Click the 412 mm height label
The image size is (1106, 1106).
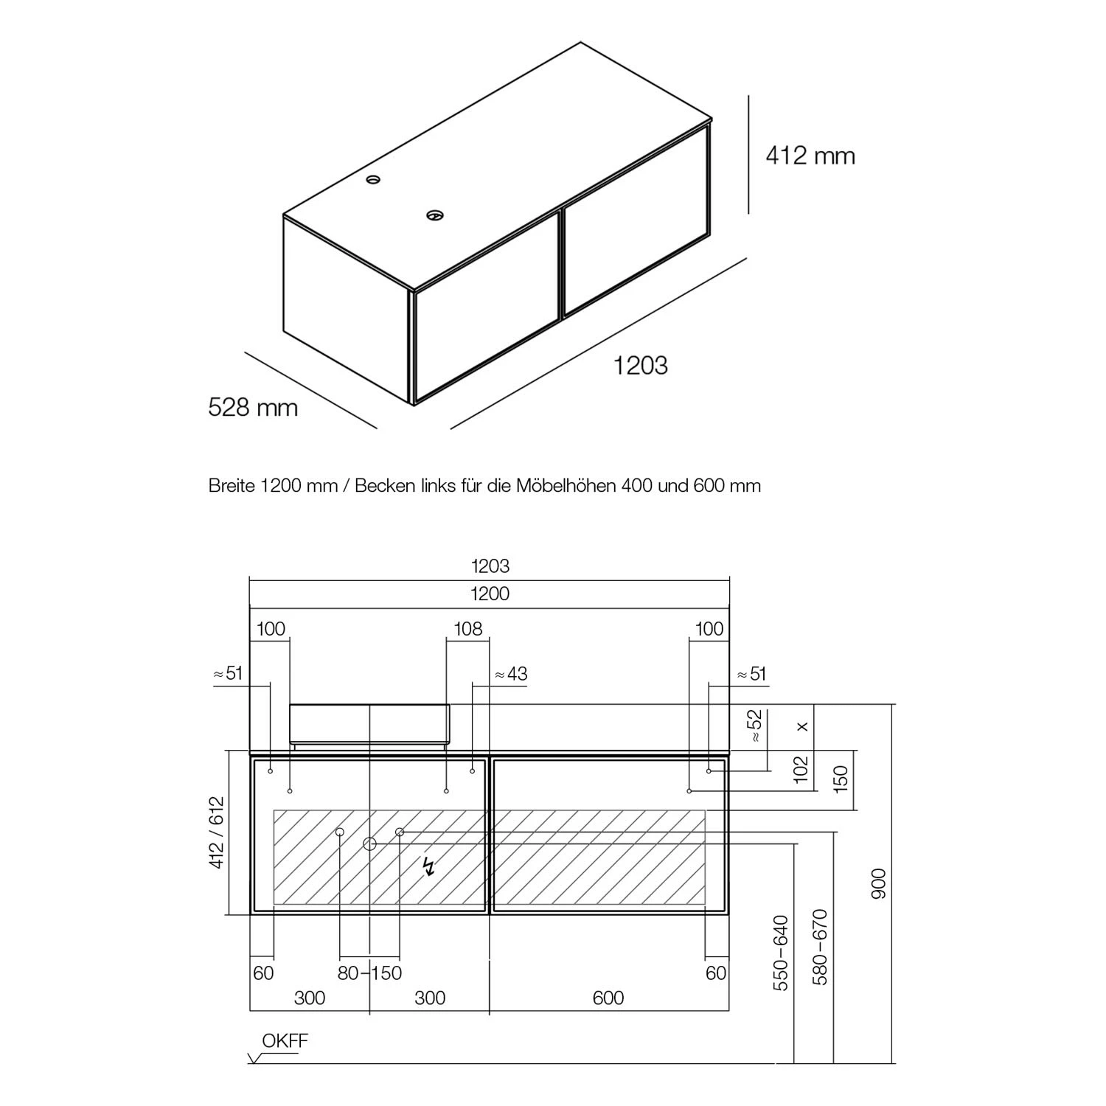pos(810,156)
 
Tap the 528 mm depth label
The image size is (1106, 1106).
pos(253,407)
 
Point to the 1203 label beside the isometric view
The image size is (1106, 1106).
pos(641,365)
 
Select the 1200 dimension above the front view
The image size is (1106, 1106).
pos(490,594)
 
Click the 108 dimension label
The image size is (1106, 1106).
pos(468,628)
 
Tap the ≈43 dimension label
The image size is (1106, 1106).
pos(511,674)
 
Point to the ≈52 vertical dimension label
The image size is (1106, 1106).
pos(754,726)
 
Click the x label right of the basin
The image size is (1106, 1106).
pos(803,726)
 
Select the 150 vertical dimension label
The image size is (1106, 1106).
pos(841,779)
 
